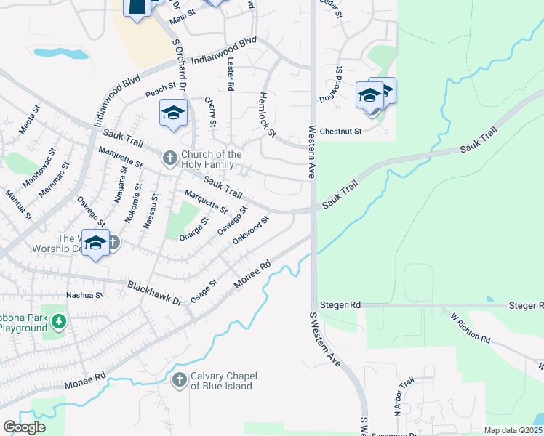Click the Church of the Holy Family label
click(x=211, y=159)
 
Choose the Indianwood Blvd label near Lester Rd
click(x=225, y=52)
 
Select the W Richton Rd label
click(x=470, y=329)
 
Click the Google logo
click(x=24, y=427)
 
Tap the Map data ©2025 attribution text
click(x=513, y=430)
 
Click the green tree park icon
click(x=57, y=320)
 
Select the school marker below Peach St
click(x=173, y=113)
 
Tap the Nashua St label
click(x=84, y=295)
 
